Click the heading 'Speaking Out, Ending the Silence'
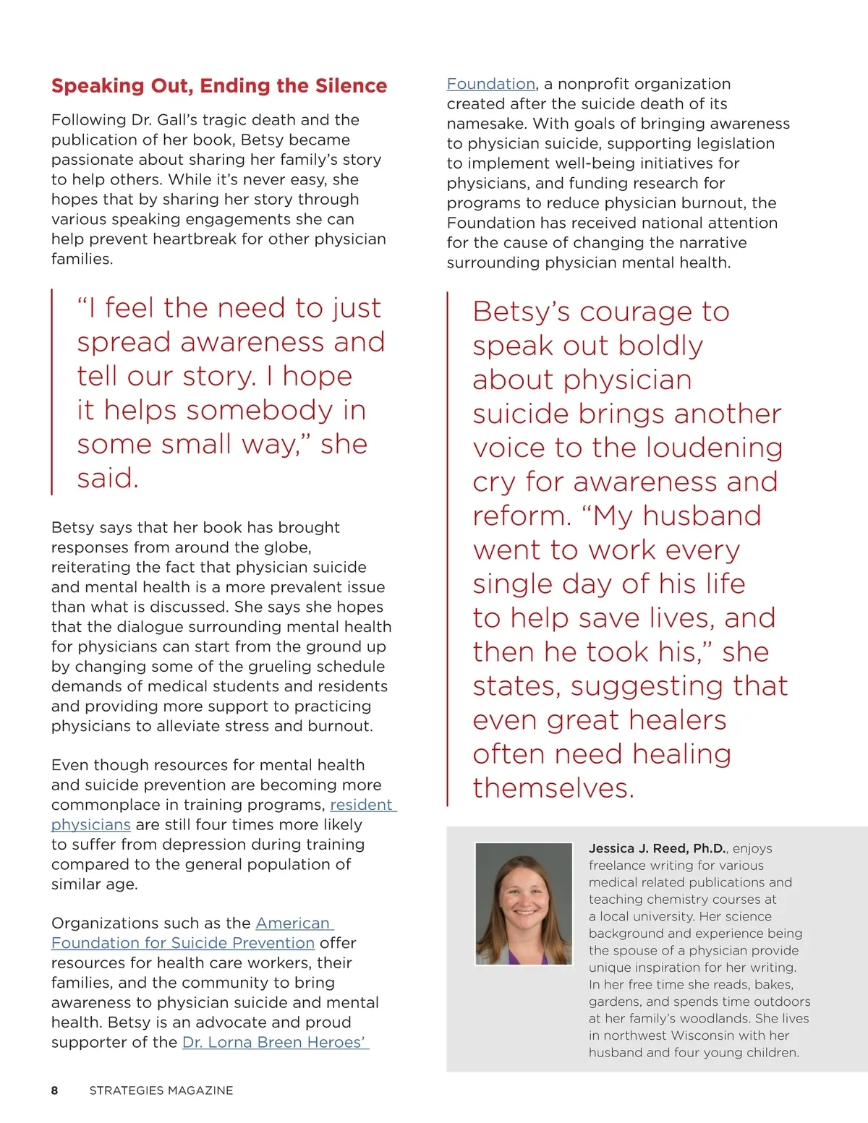219,86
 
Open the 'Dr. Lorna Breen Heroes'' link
275,1043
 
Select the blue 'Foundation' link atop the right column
490,84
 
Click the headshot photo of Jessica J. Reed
523,904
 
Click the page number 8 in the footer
55,1090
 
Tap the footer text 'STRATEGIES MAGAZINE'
161,1090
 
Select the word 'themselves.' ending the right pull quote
553,787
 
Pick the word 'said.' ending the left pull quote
108,478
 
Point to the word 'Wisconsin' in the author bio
704,1036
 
